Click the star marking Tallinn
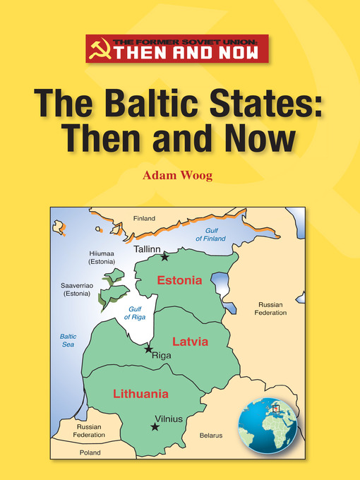(x=164, y=257)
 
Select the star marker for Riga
(x=148, y=349)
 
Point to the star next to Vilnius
(x=155, y=426)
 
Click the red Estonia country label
(x=179, y=280)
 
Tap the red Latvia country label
(x=191, y=341)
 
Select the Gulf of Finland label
(x=210, y=234)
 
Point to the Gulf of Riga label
(x=135, y=313)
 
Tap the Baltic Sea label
(x=68, y=340)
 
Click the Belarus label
(x=210, y=436)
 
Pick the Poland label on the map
(x=90, y=452)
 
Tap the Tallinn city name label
(x=148, y=249)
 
